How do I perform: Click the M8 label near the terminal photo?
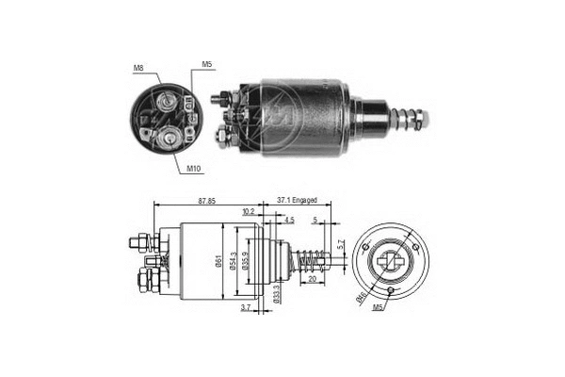point(138,68)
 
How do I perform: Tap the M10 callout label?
point(193,169)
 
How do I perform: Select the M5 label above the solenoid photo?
point(206,65)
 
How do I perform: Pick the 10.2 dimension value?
point(248,212)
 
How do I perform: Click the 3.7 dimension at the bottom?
point(246,307)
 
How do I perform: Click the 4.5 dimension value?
point(289,221)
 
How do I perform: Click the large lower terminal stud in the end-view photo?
point(167,138)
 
